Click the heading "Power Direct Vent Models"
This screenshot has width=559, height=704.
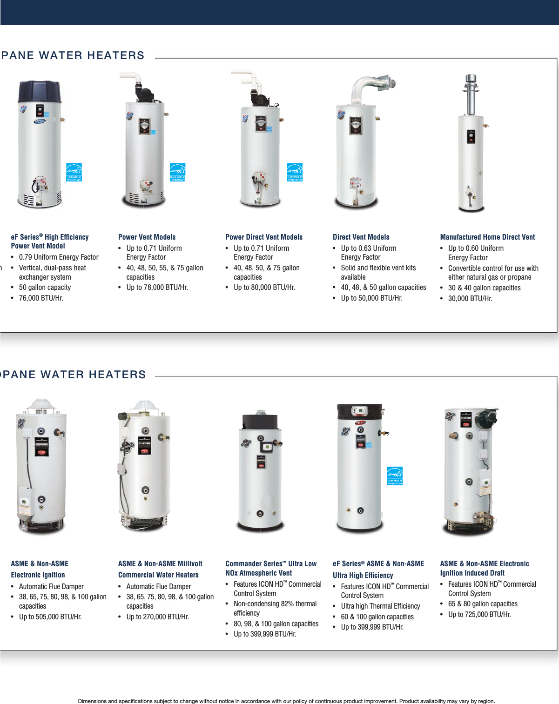(264, 237)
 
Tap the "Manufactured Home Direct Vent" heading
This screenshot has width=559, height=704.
(487, 237)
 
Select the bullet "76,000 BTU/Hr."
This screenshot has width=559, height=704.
(41, 298)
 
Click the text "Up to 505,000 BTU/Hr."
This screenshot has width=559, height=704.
(50, 617)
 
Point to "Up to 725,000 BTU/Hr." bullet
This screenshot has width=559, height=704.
(479, 615)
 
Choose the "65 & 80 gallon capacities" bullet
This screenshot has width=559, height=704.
(483, 604)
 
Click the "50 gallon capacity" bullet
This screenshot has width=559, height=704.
(45, 288)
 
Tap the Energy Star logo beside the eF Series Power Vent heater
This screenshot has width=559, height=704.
(74, 172)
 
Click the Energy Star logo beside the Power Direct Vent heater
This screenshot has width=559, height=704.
(295, 172)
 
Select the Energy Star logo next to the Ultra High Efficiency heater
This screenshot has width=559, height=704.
(395, 476)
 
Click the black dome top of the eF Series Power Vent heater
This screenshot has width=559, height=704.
(40, 92)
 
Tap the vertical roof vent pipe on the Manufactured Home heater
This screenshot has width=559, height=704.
(470, 93)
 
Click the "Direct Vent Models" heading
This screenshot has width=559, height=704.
(361, 237)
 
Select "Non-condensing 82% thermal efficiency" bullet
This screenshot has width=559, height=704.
(275, 609)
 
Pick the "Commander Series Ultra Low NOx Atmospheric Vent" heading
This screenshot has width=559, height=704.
(271, 569)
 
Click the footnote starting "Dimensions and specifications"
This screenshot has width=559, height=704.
(286, 701)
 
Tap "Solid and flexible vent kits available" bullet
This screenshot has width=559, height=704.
(378, 273)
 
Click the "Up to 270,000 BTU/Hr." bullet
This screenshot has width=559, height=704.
(157, 617)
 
